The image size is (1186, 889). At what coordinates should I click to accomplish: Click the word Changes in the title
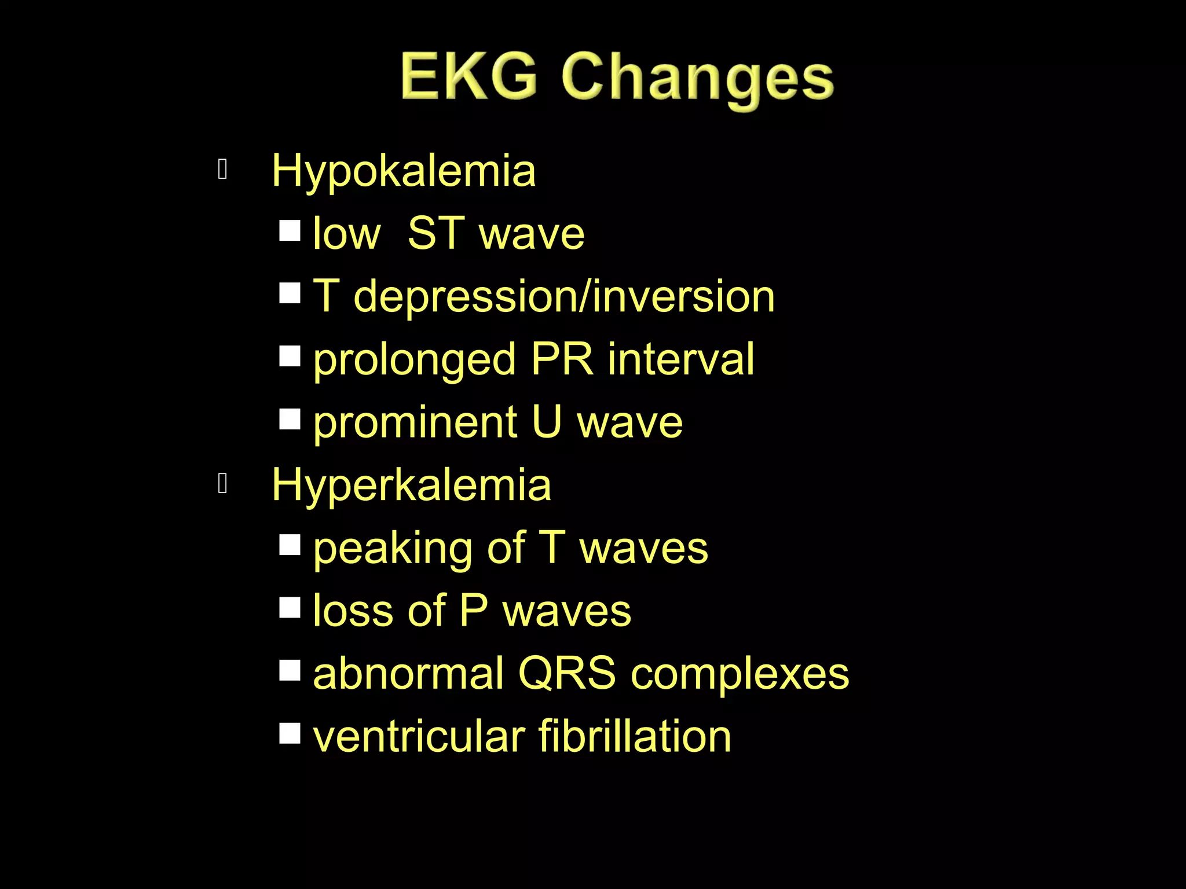(697, 80)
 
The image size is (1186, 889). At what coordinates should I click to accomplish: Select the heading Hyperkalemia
(411, 485)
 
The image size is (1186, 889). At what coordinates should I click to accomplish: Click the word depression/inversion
(563, 296)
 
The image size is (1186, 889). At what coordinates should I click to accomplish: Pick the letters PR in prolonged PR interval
(561, 359)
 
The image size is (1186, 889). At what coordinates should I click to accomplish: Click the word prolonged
(414, 360)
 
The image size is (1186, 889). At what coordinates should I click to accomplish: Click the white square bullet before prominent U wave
(290, 419)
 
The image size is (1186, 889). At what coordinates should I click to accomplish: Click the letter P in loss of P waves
(473, 611)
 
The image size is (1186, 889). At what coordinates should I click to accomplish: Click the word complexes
(740, 675)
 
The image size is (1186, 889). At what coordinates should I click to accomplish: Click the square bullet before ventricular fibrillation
(290, 733)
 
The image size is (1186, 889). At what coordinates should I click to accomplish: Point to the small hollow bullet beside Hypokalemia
(222, 170)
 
